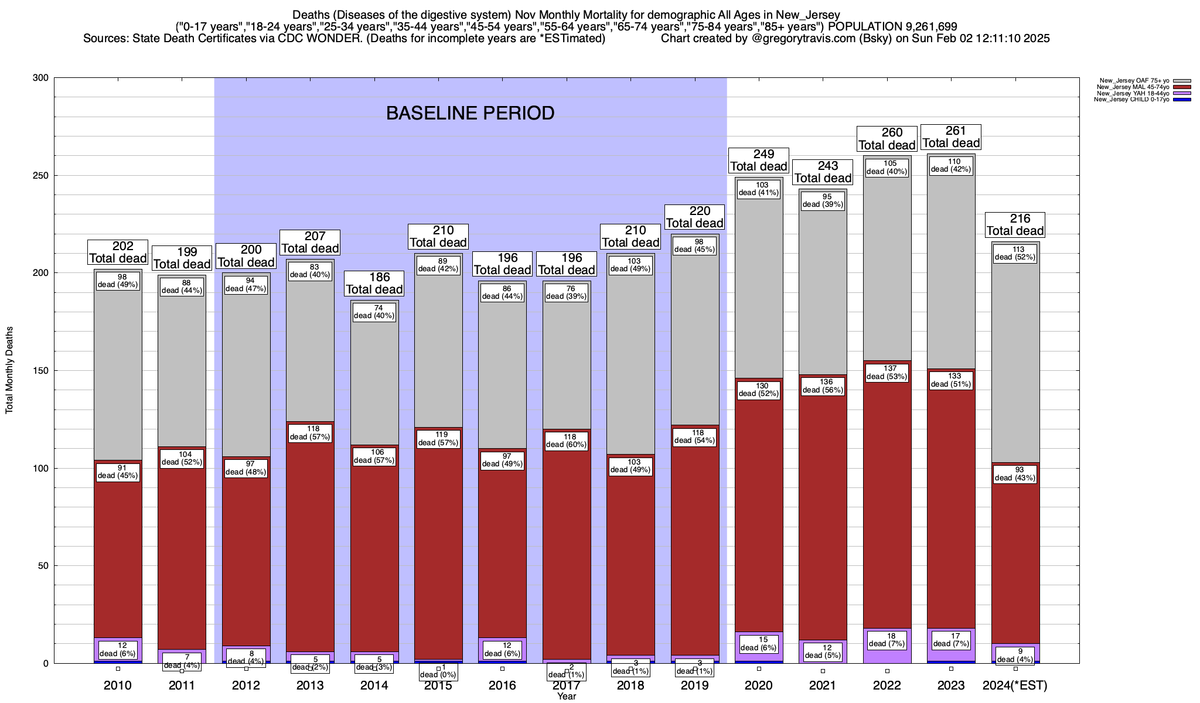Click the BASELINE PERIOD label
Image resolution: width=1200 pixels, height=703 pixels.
(470, 113)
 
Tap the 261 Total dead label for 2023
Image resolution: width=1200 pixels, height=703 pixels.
(951, 137)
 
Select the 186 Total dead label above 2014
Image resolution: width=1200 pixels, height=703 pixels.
(374, 284)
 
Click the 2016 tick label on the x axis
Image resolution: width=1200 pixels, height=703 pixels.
(502, 685)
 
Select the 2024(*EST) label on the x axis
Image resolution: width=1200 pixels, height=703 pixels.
(1015, 685)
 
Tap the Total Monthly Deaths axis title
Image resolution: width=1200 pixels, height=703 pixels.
(9, 370)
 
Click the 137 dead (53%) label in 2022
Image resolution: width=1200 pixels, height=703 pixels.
(887, 373)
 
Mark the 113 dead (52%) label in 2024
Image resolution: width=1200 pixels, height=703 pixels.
(1015, 253)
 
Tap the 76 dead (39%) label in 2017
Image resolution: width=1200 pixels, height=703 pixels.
(567, 292)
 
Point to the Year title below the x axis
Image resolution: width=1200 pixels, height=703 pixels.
(567, 697)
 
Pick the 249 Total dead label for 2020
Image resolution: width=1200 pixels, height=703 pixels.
(759, 160)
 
